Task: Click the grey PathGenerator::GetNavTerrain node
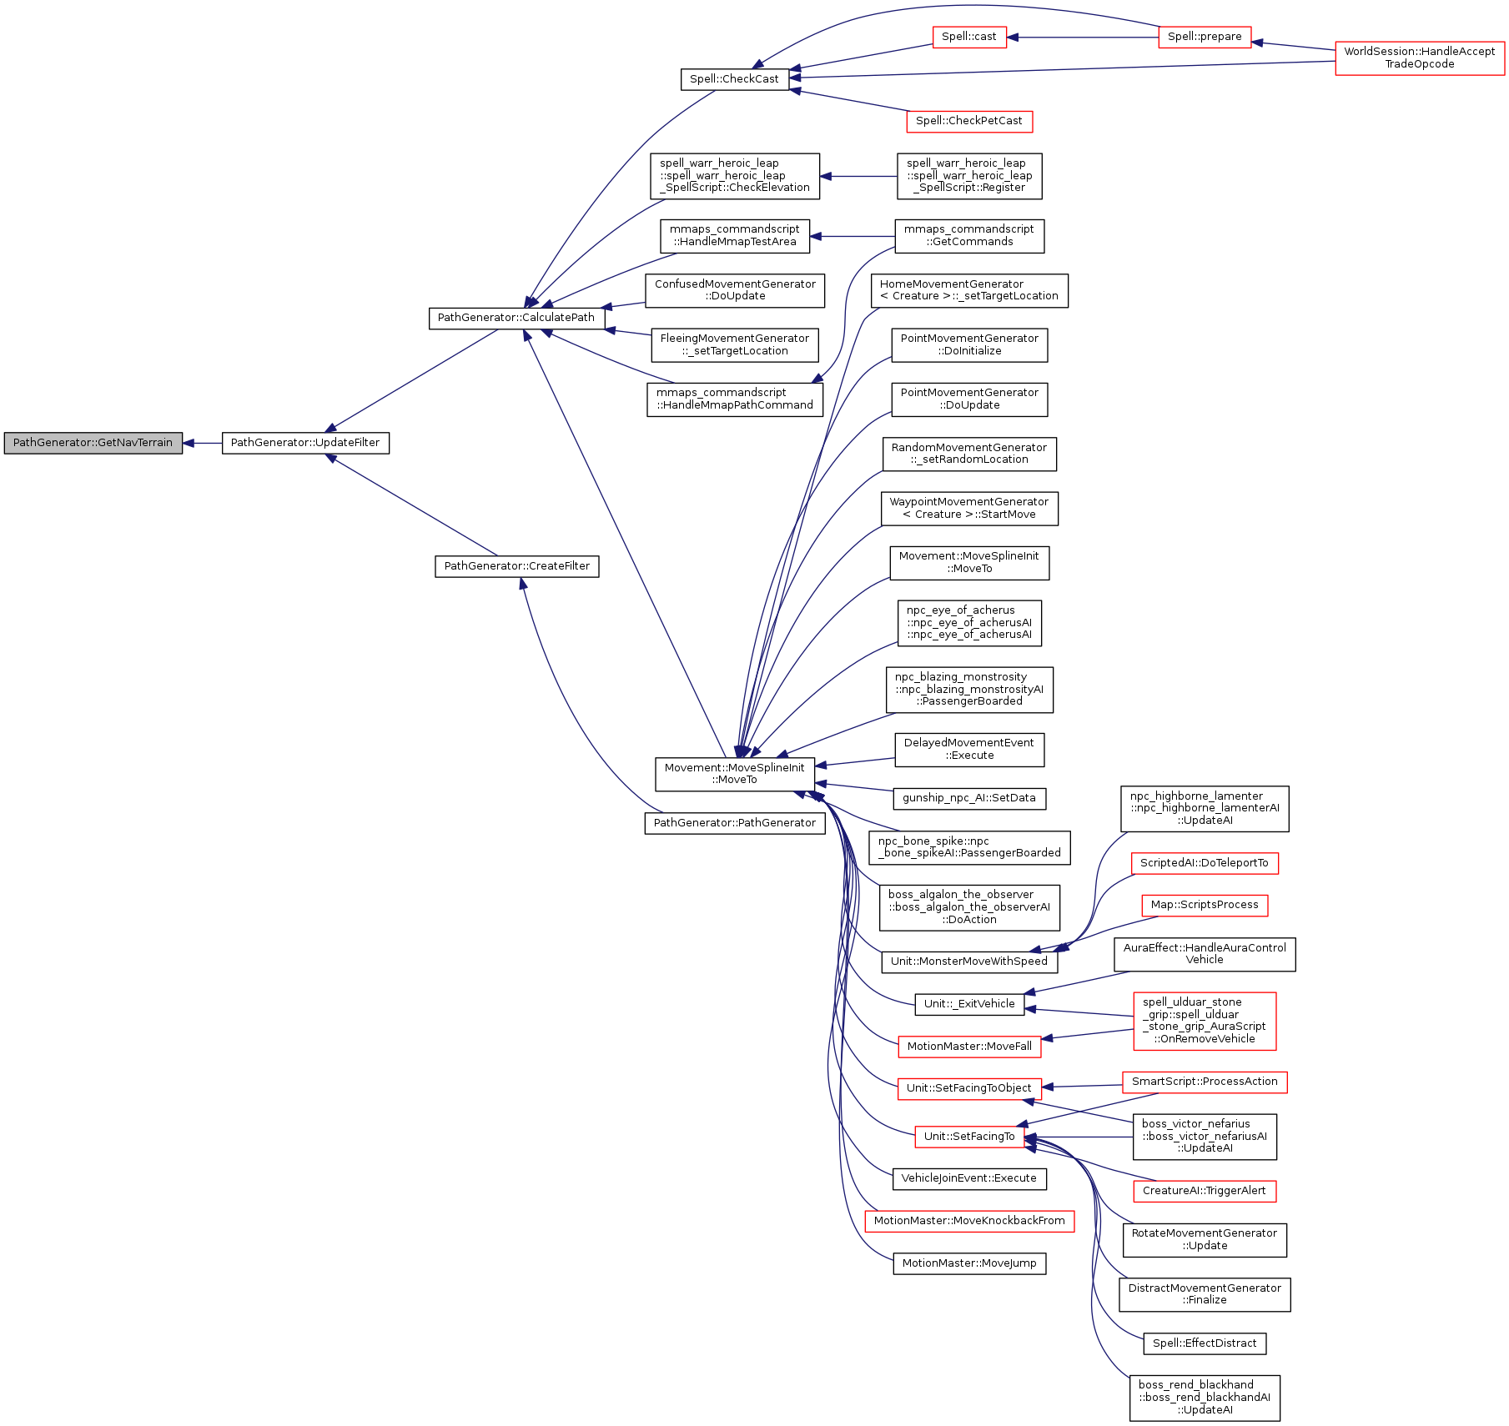pyautogui.click(x=93, y=443)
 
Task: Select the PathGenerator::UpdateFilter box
pyautogui.click(x=305, y=443)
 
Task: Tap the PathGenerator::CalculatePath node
pyautogui.click(x=516, y=318)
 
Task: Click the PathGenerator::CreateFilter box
pyautogui.click(x=516, y=566)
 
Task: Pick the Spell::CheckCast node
pyautogui.click(x=734, y=79)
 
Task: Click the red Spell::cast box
pyautogui.click(x=968, y=37)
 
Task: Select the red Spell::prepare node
pyautogui.click(x=1205, y=37)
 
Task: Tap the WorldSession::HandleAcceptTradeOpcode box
pyautogui.click(x=1420, y=58)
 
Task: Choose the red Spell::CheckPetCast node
pyautogui.click(x=968, y=121)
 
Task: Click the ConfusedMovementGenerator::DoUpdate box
pyautogui.click(x=735, y=290)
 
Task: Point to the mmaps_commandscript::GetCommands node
pyautogui.click(x=968, y=236)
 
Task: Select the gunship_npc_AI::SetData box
pyautogui.click(x=968, y=798)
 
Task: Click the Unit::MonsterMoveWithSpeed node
pyautogui.click(x=968, y=962)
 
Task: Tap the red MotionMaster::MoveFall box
pyautogui.click(x=968, y=1047)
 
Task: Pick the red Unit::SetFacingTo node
pyautogui.click(x=968, y=1137)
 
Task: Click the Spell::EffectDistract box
pyautogui.click(x=1204, y=1343)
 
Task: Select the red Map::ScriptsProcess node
pyautogui.click(x=1204, y=905)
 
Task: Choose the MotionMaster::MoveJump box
pyautogui.click(x=968, y=1263)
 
